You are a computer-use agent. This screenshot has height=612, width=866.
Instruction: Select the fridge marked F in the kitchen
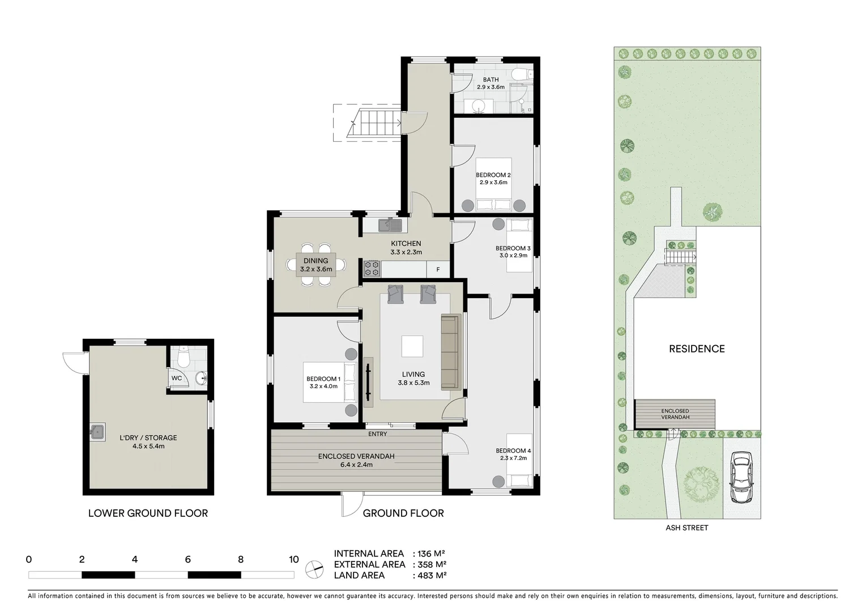437,270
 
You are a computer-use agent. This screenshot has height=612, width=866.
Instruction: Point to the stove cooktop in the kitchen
372,265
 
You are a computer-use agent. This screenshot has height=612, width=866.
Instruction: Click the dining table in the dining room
316,265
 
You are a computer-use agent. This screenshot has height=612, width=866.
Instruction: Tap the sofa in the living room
450,352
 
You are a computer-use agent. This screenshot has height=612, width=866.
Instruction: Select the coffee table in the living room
412,346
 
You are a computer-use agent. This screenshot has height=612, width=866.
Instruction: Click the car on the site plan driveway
741,477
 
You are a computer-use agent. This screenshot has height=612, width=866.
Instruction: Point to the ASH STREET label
686,528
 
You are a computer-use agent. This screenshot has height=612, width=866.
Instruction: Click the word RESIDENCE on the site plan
697,349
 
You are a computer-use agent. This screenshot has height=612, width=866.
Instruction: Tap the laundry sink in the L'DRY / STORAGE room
97,432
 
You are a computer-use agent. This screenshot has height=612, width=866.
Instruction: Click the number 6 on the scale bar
188,560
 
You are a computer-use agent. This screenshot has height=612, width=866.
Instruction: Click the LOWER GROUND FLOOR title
148,513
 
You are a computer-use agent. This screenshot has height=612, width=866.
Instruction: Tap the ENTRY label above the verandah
377,434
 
